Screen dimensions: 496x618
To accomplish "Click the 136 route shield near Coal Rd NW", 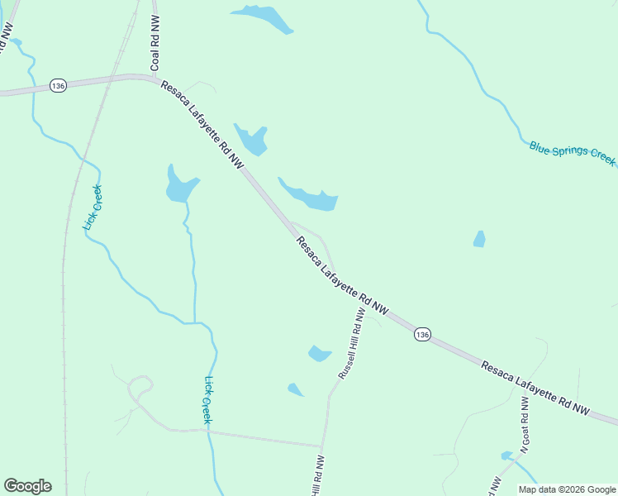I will click(57, 86).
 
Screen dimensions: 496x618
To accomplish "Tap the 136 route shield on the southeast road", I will click(422, 334).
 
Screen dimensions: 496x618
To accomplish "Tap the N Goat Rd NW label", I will click(524, 424).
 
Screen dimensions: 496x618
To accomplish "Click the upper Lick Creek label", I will click(93, 208).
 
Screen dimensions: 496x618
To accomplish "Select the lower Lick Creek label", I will click(209, 400).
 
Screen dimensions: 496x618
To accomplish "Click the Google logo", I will click(27, 486).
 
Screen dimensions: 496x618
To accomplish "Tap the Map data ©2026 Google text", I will click(567, 489).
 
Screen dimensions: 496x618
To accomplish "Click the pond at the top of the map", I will click(264, 17).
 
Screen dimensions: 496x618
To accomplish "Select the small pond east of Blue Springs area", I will click(479, 239).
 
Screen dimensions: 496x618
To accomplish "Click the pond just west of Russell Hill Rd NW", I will click(319, 354).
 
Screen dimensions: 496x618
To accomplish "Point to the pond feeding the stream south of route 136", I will click(180, 187).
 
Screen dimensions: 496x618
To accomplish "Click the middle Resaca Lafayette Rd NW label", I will click(342, 276).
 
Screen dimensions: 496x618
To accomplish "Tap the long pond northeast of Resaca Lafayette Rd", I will click(311, 196).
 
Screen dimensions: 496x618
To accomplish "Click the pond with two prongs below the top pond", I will click(252, 139).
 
